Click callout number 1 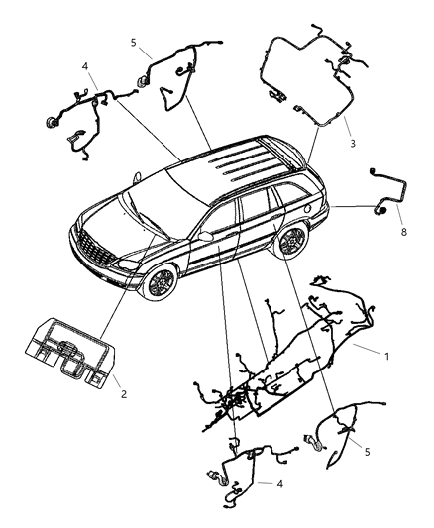coord(385,354)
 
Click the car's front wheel coord(158,282)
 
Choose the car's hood coord(114,218)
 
